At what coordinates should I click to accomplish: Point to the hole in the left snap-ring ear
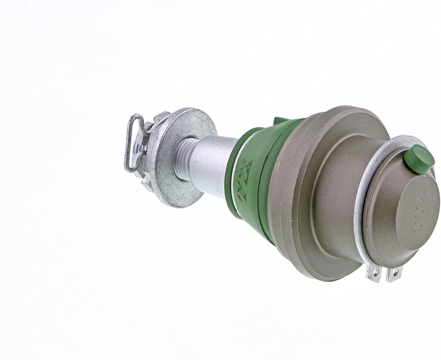(372, 275)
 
